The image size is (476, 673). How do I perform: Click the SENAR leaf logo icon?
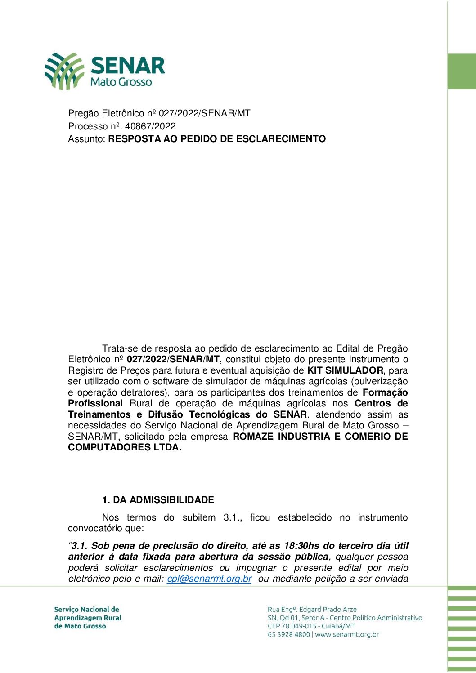[64, 71]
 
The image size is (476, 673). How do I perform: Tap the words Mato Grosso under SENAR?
[121, 82]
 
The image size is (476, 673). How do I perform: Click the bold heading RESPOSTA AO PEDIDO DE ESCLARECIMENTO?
[217, 139]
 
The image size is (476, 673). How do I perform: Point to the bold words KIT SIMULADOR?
[345, 371]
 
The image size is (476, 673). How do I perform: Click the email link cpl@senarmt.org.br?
[209, 579]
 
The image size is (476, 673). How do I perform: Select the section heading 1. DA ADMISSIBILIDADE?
[158, 500]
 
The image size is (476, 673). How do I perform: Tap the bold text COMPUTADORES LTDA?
[125, 448]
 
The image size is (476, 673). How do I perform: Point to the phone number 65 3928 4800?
[289, 635]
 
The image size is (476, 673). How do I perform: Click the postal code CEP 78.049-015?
[293, 626]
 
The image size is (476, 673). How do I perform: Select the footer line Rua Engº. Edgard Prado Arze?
[312, 610]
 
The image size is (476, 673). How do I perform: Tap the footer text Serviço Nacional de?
[86, 610]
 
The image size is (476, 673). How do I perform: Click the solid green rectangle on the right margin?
[462, 71]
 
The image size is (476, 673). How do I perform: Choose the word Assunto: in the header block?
[87, 139]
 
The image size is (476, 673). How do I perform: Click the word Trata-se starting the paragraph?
[120, 349]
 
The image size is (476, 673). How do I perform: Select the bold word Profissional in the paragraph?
[95, 404]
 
